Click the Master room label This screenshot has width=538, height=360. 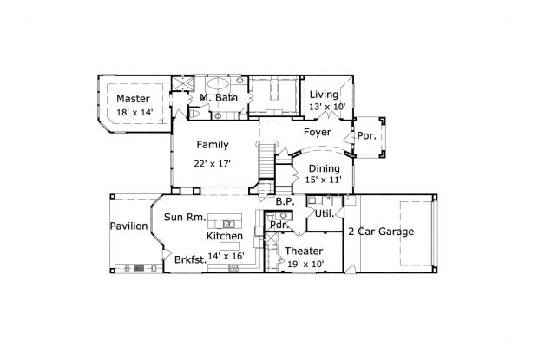(134, 99)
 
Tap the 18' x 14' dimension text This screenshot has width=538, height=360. (134, 112)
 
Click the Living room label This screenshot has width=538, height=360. (325, 95)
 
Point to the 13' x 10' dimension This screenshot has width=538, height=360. (326, 107)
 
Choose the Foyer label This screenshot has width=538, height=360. (317, 133)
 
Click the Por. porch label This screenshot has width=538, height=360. (365, 136)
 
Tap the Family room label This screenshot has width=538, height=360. (213, 144)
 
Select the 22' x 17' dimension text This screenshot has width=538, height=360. (213, 163)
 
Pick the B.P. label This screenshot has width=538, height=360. (285, 202)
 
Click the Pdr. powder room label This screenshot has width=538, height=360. (279, 225)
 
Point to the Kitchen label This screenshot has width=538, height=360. (224, 236)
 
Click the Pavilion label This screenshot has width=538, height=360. (128, 226)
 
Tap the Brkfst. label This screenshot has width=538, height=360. (190, 259)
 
